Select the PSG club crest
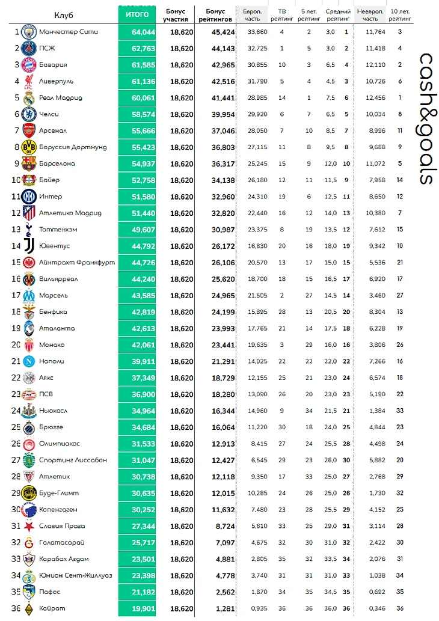pyautogui.click(x=28, y=48)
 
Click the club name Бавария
pyautogui.click(x=53, y=65)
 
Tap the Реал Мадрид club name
pyautogui.click(x=61, y=98)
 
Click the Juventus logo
pyautogui.click(x=28, y=246)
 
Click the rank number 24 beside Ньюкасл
pyautogui.click(x=16, y=411)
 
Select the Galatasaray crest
pyautogui.click(x=28, y=542)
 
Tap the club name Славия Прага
pyautogui.click(x=60, y=526)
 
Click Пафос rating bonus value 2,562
pyautogui.click(x=220, y=592)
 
